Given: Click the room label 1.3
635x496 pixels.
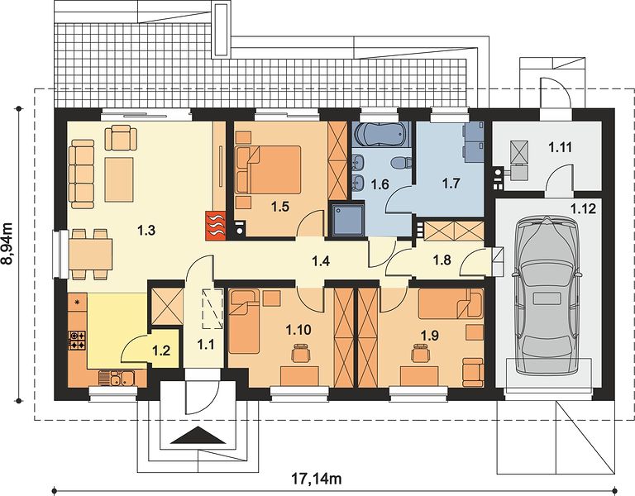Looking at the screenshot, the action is [146, 231].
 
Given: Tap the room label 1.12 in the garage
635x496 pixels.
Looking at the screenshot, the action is [583, 209].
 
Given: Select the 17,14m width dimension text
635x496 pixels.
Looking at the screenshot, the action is [317, 479].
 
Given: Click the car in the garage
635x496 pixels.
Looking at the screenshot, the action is [547, 297].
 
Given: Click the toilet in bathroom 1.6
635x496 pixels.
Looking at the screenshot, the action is [401, 163].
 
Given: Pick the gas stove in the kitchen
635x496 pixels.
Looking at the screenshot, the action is [78, 340].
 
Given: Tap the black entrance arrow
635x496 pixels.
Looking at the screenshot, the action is [198, 436].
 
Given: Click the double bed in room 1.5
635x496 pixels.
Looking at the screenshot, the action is [269, 169].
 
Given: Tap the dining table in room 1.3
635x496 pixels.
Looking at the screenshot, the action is [91, 255].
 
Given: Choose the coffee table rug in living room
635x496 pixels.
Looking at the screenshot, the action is [119, 179].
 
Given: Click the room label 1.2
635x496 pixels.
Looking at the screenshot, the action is [160, 351].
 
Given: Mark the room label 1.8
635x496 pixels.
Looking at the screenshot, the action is [442, 260].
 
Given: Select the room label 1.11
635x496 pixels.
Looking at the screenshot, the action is [561, 147].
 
